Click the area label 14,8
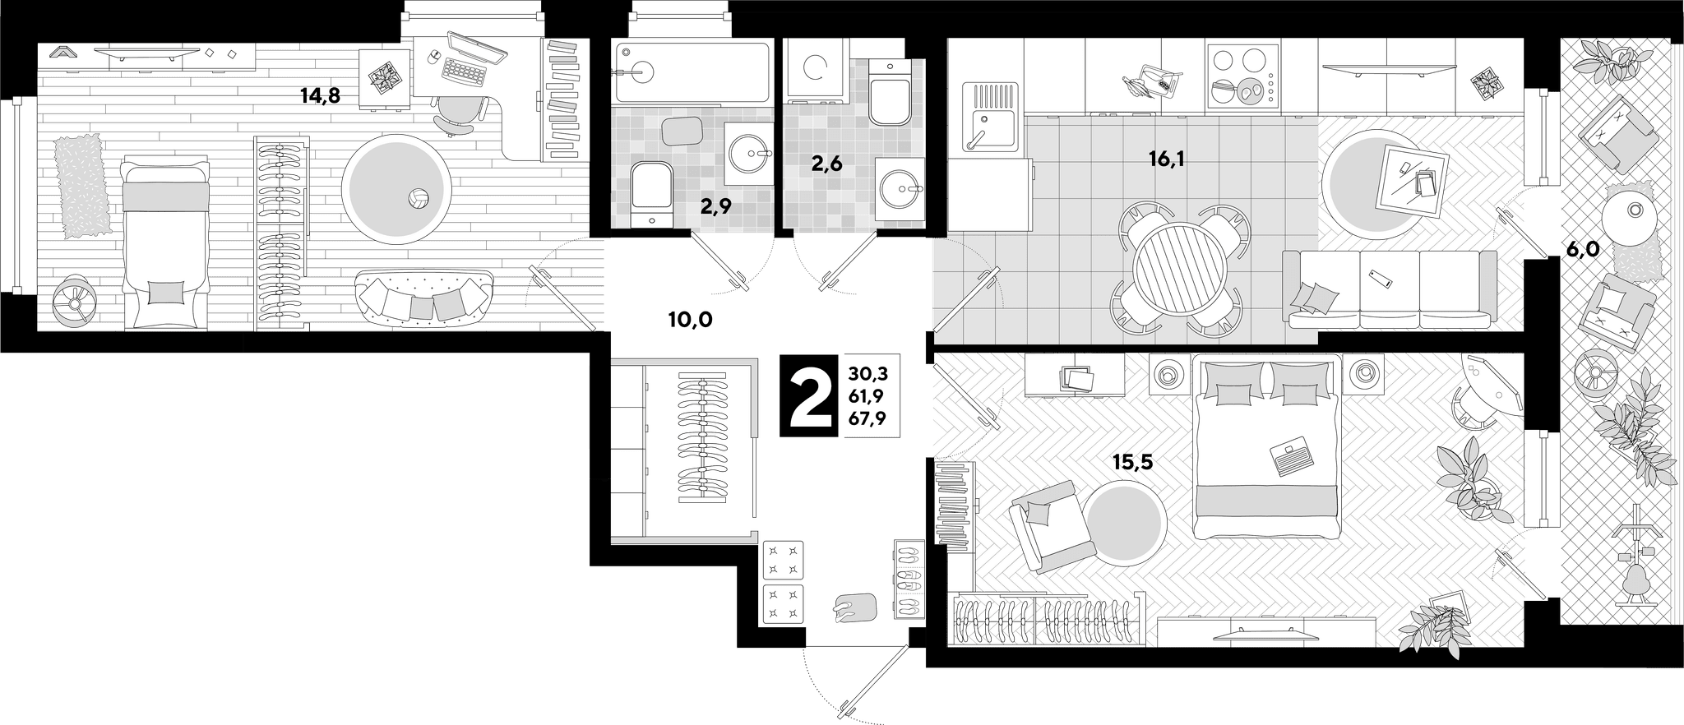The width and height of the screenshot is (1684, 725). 320,96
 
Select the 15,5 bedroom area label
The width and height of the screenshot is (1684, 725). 1133,463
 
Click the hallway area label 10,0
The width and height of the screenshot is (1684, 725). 690,320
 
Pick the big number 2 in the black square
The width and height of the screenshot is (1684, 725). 810,396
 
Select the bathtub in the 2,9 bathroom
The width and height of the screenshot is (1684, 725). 692,72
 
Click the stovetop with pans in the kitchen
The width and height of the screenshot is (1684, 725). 1243,76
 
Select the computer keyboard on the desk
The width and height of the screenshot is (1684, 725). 465,71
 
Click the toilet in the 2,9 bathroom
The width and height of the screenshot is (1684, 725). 652,193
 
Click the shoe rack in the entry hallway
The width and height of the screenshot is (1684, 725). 909,580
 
